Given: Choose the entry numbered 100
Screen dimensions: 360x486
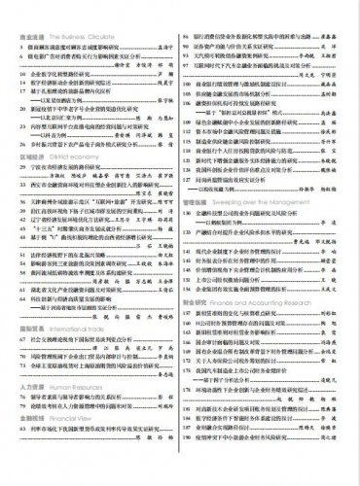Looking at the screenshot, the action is click(x=190, y=88).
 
